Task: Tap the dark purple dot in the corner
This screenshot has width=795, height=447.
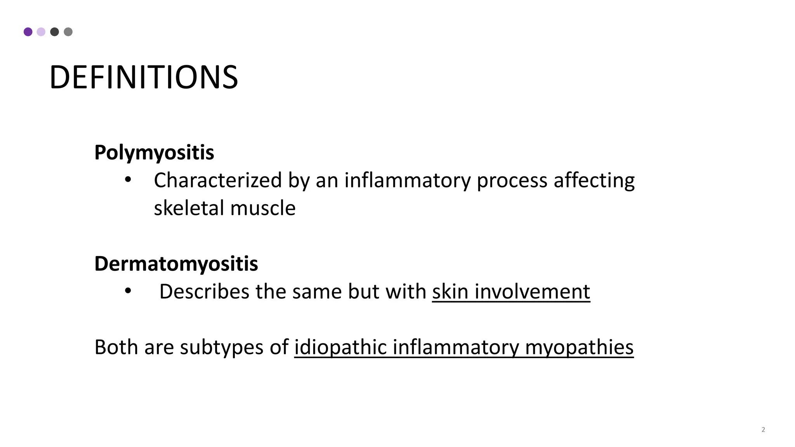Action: (28, 32)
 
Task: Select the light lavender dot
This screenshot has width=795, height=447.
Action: (41, 32)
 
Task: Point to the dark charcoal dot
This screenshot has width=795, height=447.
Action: (55, 32)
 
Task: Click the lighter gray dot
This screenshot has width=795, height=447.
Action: (68, 32)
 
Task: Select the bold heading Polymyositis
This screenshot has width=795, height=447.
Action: (154, 152)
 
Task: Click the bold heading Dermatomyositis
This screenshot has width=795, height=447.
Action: (176, 264)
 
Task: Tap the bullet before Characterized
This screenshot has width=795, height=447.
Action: (128, 180)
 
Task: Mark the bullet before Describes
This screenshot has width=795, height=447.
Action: (128, 291)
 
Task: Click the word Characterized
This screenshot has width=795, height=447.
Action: (218, 180)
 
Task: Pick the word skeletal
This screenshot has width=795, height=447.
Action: (189, 208)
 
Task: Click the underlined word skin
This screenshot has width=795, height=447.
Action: (450, 291)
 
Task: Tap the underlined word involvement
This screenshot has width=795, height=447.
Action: (532, 291)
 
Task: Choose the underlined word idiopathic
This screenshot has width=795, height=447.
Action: (340, 347)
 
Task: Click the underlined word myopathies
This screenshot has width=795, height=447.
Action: (579, 347)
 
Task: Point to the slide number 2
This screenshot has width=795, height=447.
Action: (763, 430)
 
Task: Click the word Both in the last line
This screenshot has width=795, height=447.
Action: (116, 347)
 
